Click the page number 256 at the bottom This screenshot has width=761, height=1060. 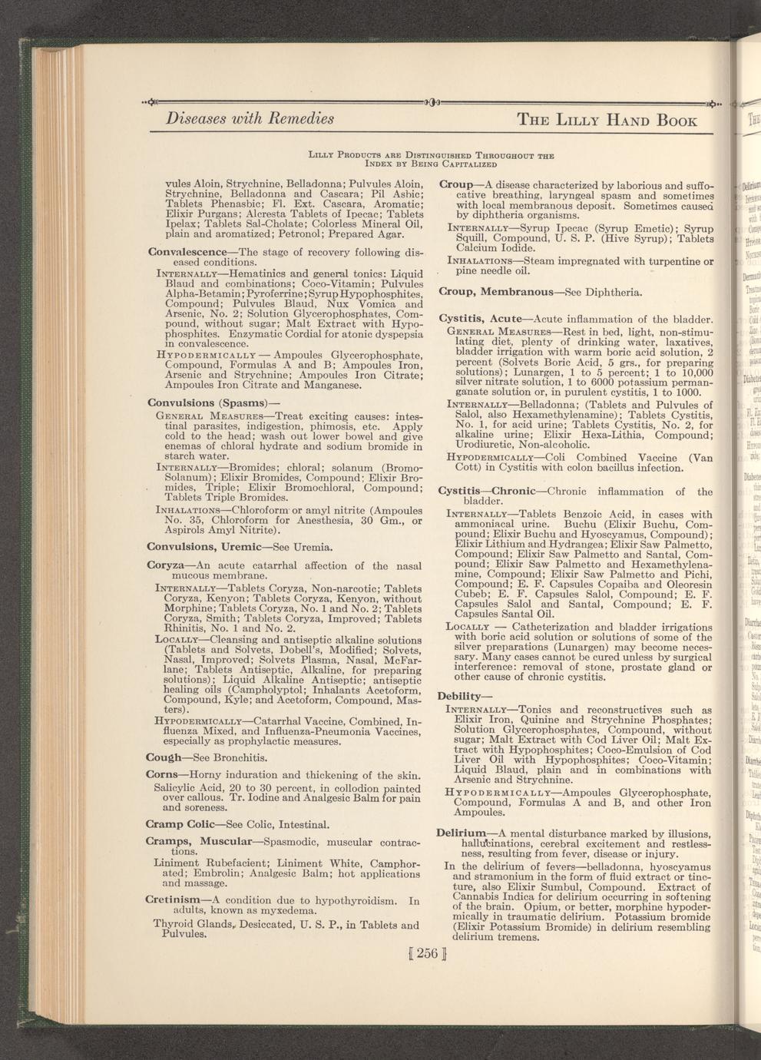point(428,954)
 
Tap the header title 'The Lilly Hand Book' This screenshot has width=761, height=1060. point(607,120)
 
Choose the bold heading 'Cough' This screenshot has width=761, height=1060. point(164,757)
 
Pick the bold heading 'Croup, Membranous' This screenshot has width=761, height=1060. point(495,292)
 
